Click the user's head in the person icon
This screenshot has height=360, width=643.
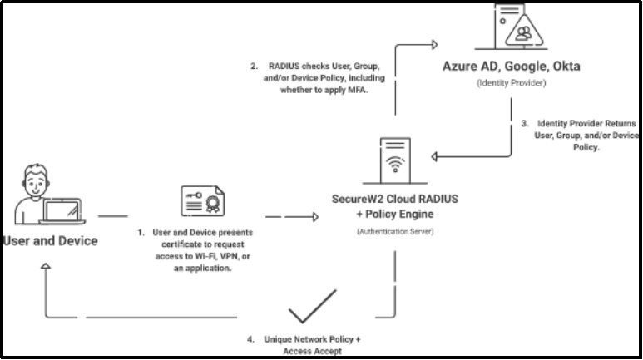[x=36, y=180]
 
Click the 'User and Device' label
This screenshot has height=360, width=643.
[x=51, y=242]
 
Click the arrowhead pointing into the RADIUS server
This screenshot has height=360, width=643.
[x=315, y=218]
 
